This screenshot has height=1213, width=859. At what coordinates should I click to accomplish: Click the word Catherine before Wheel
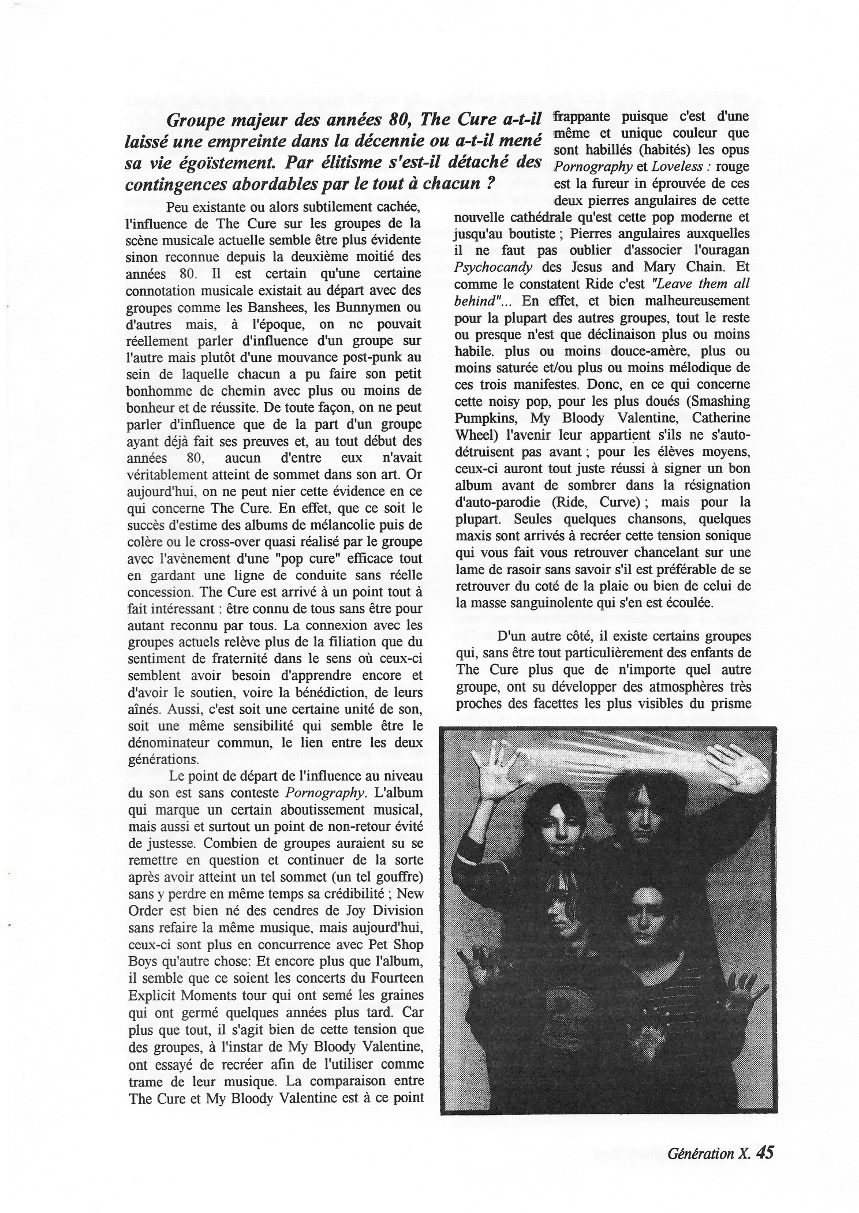tap(722, 417)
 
